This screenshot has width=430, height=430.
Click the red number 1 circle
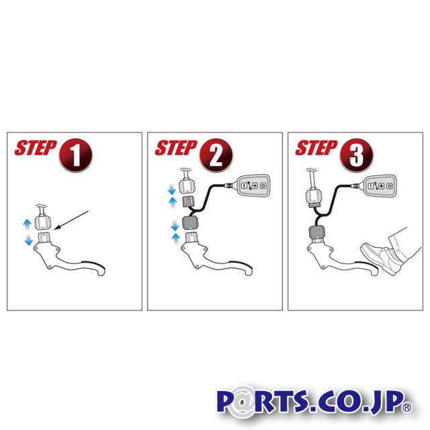click(x=75, y=155)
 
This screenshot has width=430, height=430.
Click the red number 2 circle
click(x=216, y=155)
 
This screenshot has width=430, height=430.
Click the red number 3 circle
click(x=356, y=155)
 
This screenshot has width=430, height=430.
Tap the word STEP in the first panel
click(x=36, y=148)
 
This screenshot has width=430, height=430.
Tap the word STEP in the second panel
click(x=176, y=148)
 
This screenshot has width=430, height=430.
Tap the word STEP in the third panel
click(x=316, y=148)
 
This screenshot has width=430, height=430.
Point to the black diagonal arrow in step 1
click(x=71, y=220)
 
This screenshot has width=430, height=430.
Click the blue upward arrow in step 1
click(x=27, y=225)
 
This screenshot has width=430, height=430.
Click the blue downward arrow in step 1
click(x=28, y=239)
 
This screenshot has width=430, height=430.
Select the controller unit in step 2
click(x=253, y=185)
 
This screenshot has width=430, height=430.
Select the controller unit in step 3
click(x=380, y=185)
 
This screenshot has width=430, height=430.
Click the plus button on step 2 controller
click(x=255, y=185)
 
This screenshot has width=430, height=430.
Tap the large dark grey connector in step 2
click(x=190, y=222)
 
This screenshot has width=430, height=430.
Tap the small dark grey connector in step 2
click(x=188, y=202)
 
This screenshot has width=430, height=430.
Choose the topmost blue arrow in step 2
click(x=172, y=189)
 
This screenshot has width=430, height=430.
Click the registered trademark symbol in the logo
click(x=406, y=406)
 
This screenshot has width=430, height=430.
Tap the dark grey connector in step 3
click(x=316, y=232)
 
